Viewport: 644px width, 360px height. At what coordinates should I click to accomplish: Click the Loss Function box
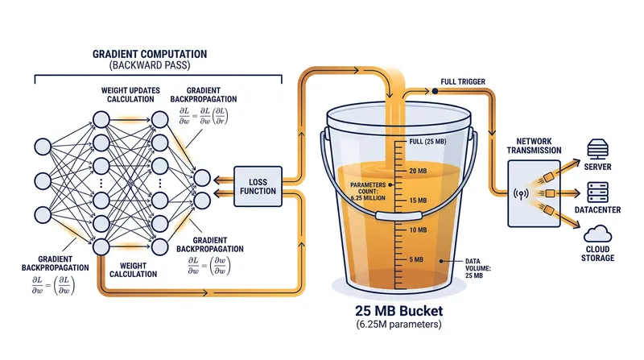(258, 186)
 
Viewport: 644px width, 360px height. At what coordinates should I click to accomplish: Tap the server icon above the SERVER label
(597, 149)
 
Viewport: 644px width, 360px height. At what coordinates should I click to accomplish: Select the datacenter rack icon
(597, 192)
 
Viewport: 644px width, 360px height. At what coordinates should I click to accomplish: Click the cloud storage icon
(597, 234)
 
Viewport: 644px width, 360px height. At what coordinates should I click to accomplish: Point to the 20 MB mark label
(418, 171)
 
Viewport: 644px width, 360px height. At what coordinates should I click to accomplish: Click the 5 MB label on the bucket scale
(416, 259)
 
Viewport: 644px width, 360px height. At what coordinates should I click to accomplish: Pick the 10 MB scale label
(418, 230)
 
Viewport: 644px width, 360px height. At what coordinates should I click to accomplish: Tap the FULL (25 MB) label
(427, 142)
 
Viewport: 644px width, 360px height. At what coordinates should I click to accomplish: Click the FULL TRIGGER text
(463, 82)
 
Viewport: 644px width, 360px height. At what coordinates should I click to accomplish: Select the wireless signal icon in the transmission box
(521, 193)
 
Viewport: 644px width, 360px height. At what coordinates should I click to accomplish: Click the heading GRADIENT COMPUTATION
(150, 54)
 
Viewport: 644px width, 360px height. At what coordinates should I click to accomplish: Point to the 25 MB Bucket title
(399, 310)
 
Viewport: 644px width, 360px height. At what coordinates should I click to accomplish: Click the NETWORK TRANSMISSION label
(534, 146)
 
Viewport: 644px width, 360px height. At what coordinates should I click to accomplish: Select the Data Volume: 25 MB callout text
(477, 268)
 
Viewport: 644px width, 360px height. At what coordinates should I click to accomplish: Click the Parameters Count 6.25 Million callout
(368, 192)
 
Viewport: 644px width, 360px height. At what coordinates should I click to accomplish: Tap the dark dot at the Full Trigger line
(435, 91)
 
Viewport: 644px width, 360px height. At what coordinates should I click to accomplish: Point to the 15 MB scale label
(418, 201)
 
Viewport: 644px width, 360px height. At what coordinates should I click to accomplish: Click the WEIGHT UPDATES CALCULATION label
(130, 94)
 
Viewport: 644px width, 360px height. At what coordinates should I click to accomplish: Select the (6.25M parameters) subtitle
(398, 325)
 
